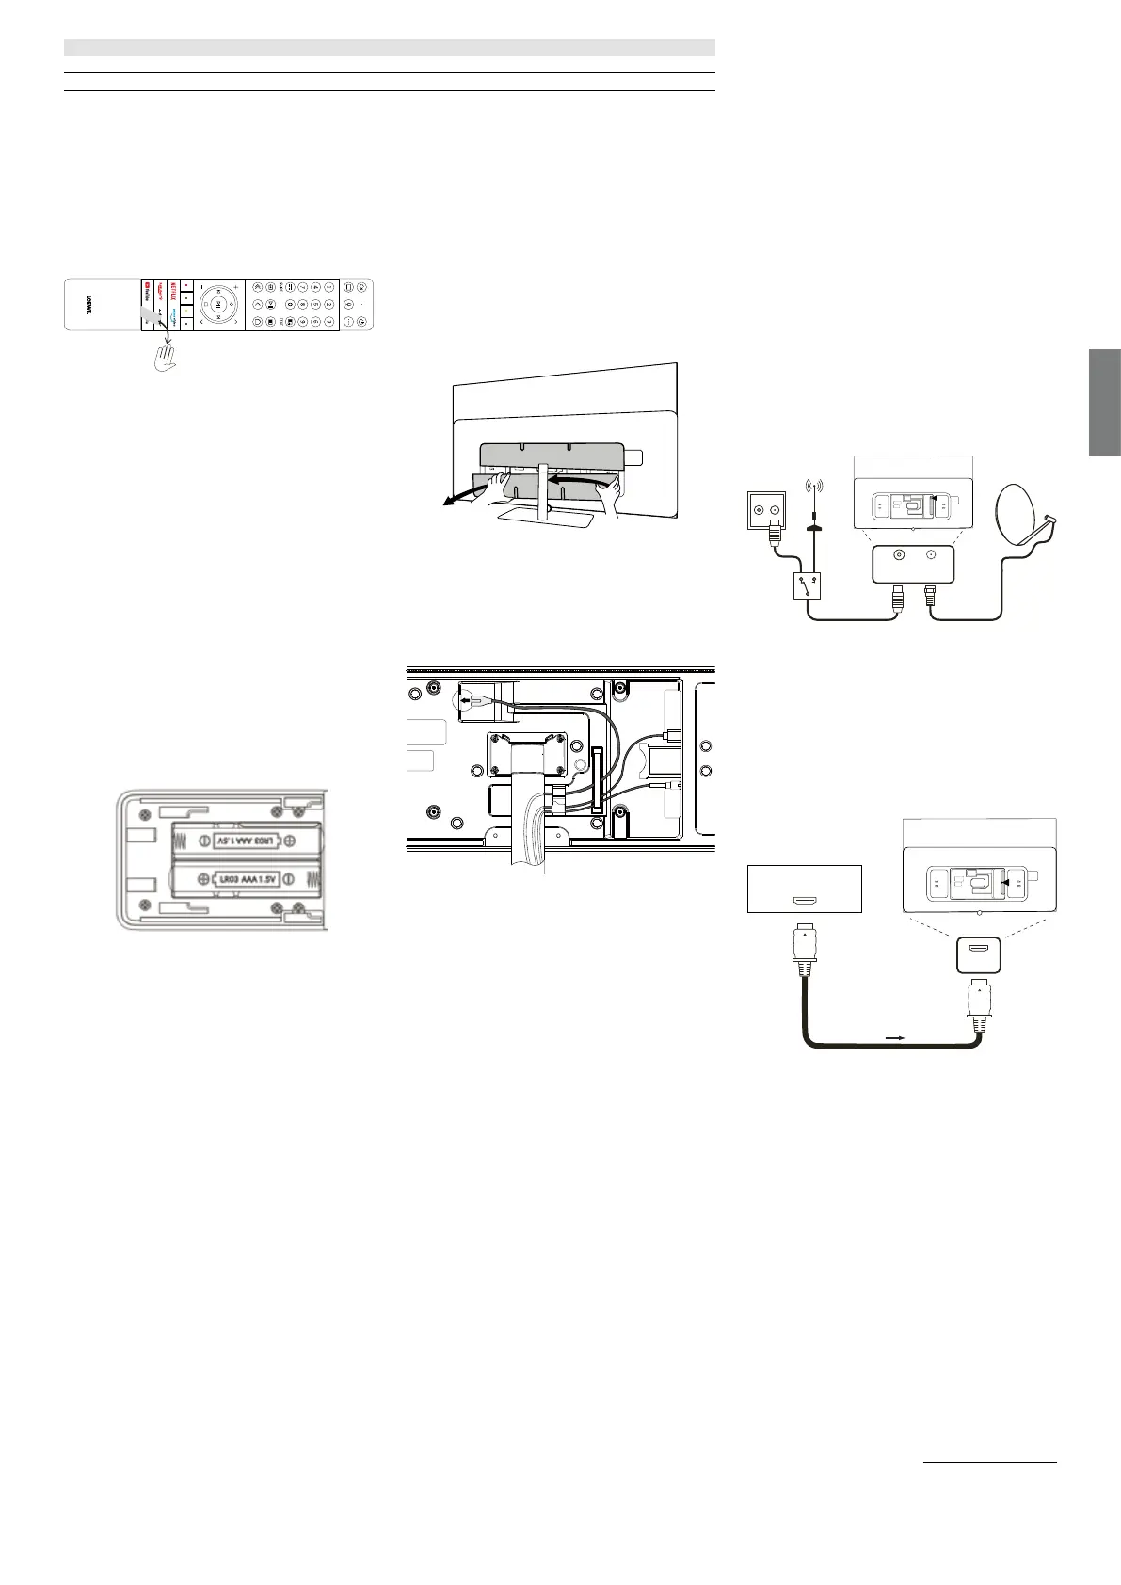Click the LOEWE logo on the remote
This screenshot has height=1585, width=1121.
(x=88, y=304)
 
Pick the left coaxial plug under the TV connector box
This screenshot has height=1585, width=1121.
(x=897, y=596)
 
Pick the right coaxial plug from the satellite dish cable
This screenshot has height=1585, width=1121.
(x=932, y=596)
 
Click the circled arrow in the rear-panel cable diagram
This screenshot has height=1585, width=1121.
(x=468, y=701)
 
